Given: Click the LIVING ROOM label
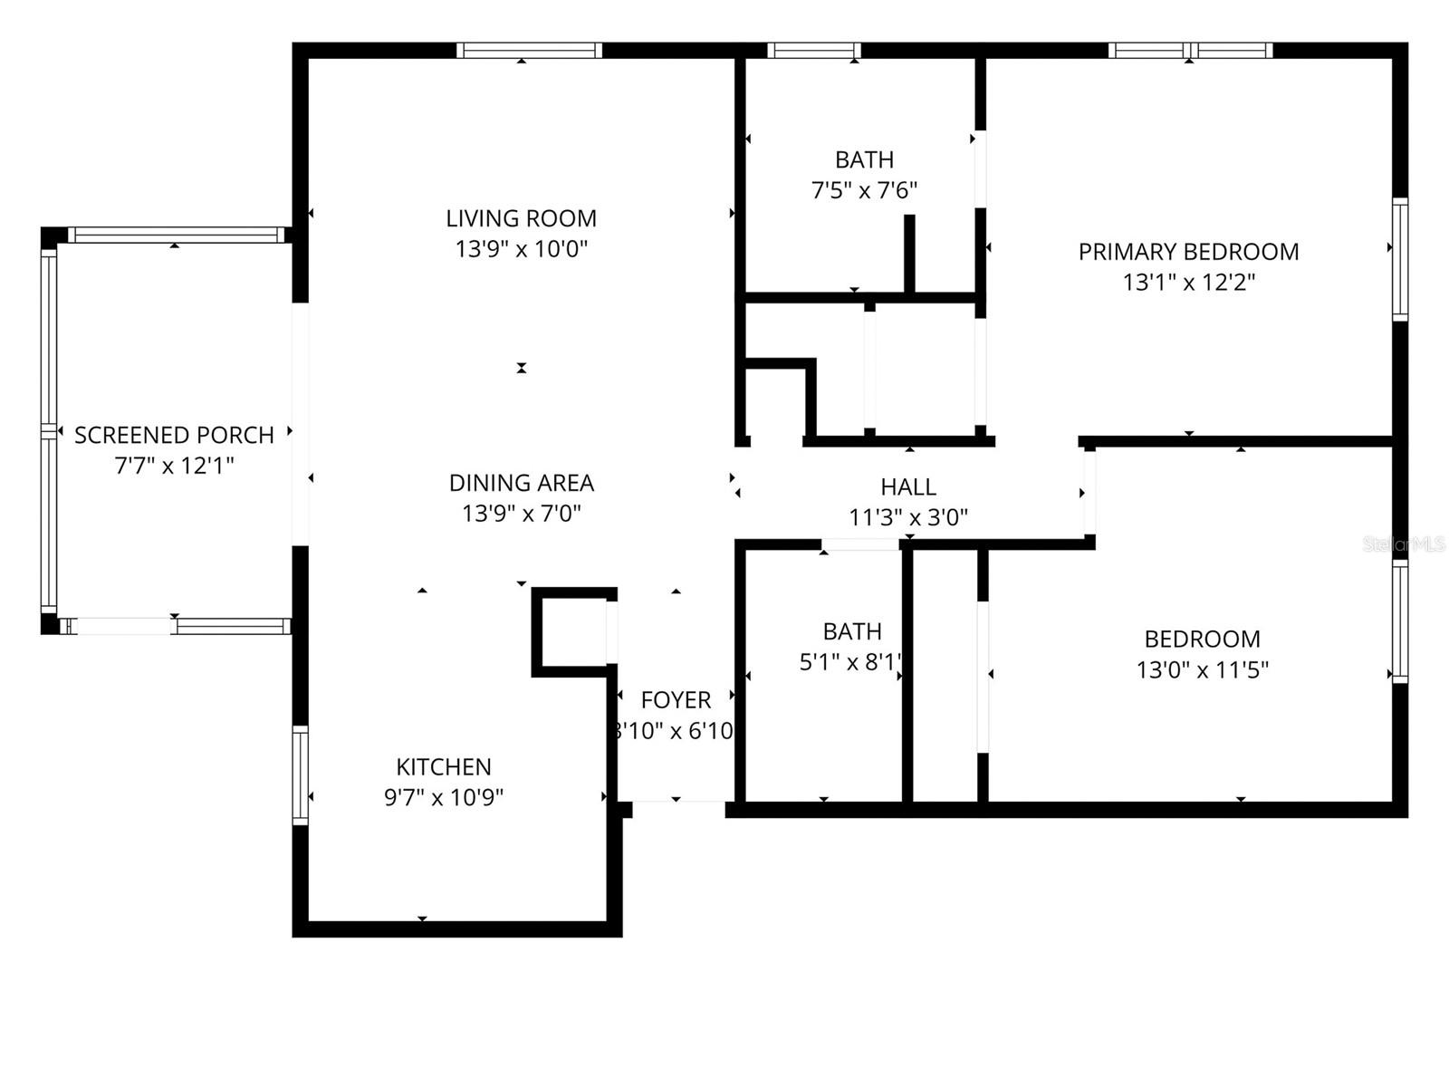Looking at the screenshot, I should [x=521, y=218].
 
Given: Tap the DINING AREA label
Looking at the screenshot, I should [x=521, y=483].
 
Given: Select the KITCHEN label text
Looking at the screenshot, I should [x=444, y=767].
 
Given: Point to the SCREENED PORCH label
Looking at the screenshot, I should [x=174, y=436].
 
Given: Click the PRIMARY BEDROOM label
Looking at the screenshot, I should [x=1188, y=252].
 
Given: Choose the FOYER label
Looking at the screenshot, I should [x=676, y=700].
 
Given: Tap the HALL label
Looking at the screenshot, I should [x=907, y=487].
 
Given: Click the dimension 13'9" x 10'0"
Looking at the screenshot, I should [x=521, y=249].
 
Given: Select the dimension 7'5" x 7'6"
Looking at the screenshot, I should [x=864, y=190].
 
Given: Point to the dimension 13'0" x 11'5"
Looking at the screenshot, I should [x=1202, y=670].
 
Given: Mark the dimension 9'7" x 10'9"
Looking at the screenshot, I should [x=444, y=798].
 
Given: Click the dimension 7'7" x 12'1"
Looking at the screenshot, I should [x=174, y=467].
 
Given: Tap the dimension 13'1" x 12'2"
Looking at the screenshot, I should [x=1188, y=283].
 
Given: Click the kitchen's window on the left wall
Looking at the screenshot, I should [x=300, y=774].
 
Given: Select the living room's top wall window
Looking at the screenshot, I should [x=529, y=51].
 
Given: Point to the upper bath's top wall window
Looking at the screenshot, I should [x=814, y=51].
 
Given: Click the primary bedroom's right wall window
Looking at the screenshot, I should [x=1400, y=259].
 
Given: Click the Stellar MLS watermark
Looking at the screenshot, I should [x=1405, y=544].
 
